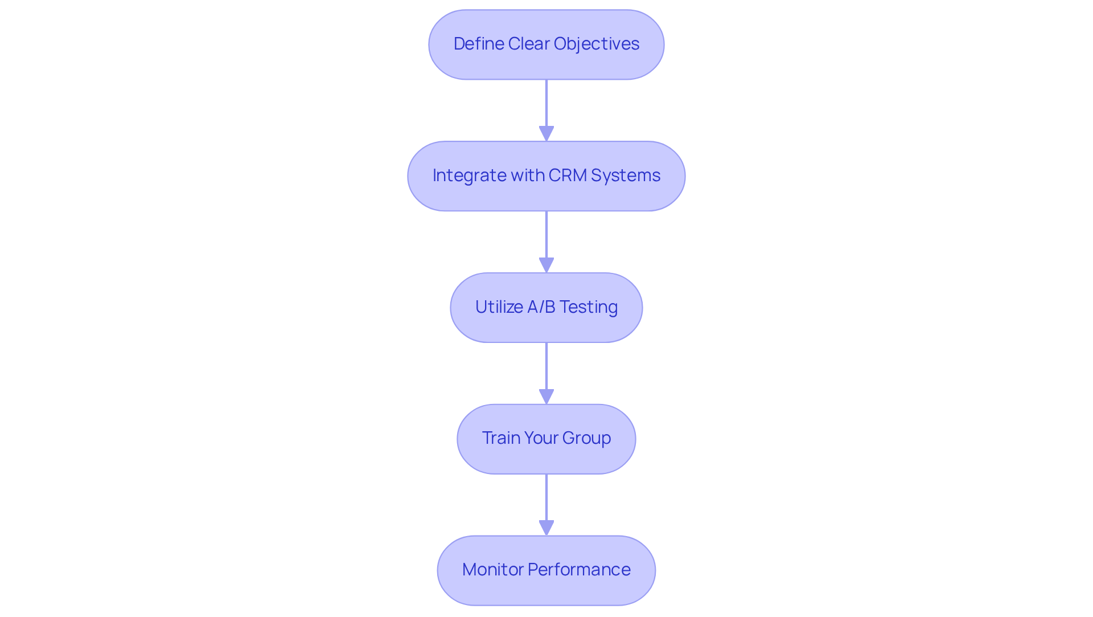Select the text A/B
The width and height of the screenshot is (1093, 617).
tap(541, 307)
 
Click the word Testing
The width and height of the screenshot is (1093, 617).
tap(589, 307)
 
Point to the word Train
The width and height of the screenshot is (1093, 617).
tap(500, 438)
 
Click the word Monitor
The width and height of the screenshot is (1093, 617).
tap(492, 570)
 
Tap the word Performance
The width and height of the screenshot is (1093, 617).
tap(579, 570)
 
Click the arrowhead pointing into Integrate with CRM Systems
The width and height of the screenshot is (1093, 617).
tap(546, 133)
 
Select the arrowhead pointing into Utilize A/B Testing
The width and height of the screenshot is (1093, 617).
tap(546, 265)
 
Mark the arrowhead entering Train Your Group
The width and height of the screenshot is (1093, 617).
tap(546, 397)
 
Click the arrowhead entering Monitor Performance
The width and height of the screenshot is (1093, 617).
tap(546, 528)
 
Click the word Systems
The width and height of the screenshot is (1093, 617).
tap(626, 175)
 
